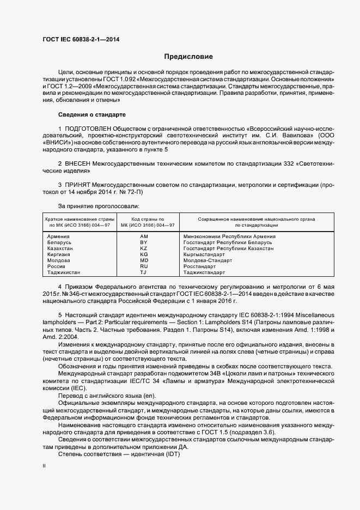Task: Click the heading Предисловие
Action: point(188,57)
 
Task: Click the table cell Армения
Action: point(58,236)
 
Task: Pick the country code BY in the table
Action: point(144,242)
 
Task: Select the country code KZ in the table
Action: point(144,248)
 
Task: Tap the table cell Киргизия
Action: point(60,254)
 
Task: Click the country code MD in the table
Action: point(144,260)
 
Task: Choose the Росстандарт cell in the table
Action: point(200,266)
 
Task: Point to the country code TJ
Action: point(144,272)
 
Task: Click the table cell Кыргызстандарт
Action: point(204,254)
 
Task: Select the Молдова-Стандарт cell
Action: point(208,260)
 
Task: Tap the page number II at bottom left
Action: point(44,466)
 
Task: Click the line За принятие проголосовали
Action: point(99,206)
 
